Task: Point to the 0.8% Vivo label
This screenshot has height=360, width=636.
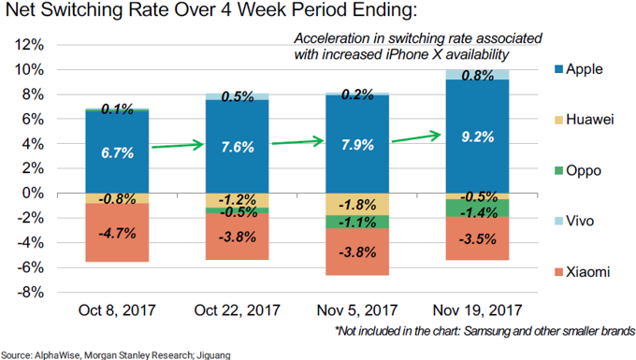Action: point(477,75)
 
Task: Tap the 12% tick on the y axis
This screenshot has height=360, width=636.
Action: point(29,45)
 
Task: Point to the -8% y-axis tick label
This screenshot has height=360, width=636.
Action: point(29,292)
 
